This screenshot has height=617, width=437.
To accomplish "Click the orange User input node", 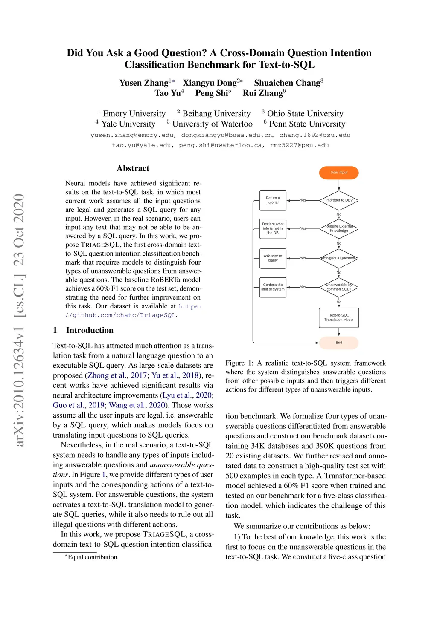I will [x=339, y=173].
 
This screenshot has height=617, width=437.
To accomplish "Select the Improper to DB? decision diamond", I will [x=339, y=200].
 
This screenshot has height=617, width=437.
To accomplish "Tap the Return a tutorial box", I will [x=273, y=200].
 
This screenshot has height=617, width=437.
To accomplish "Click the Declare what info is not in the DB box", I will [x=273, y=228].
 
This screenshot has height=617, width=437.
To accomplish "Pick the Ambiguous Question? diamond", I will [x=339, y=258].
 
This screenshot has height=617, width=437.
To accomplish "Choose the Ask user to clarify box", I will [x=273, y=258].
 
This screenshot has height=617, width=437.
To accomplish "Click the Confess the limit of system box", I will [x=273, y=287].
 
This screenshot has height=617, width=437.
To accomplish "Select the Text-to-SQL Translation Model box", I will [x=339, y=317].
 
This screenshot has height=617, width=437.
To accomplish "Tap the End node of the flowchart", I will [x=339, y=343].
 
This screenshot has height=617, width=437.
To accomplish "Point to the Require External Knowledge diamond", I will [x=339, y=229].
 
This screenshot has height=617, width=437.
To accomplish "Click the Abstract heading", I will [x=133, y=168].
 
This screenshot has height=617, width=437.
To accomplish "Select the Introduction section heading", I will [x=90, y=330].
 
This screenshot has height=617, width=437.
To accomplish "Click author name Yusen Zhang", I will [x=144, y=83].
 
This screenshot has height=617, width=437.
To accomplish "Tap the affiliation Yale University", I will [x=128, y=124].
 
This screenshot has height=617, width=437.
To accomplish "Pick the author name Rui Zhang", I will [x=262, y=93].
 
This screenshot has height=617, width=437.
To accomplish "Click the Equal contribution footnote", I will [x=93, y=557].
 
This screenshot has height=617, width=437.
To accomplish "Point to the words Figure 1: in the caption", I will [x=241, y=363].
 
